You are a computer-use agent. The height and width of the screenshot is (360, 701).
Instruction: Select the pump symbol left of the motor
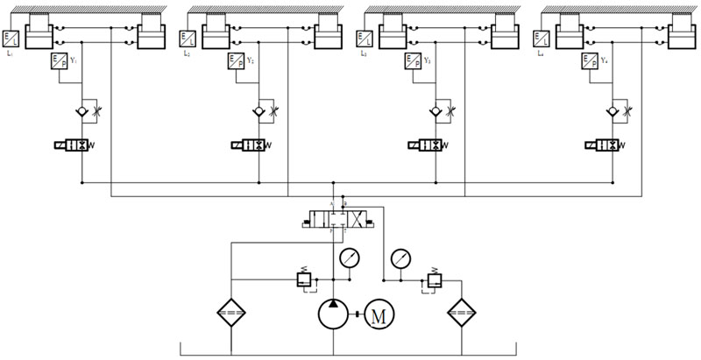pos(335,315)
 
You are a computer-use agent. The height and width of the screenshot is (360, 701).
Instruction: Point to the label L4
pos(541,53)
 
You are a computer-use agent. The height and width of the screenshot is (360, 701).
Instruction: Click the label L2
pos(187,53)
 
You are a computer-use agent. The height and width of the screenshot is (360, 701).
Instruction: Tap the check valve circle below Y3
pos(435,112)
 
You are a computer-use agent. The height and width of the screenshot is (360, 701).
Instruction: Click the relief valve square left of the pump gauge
pos(302,280)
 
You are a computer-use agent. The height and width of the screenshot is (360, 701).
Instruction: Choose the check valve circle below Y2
pos(258,112)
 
